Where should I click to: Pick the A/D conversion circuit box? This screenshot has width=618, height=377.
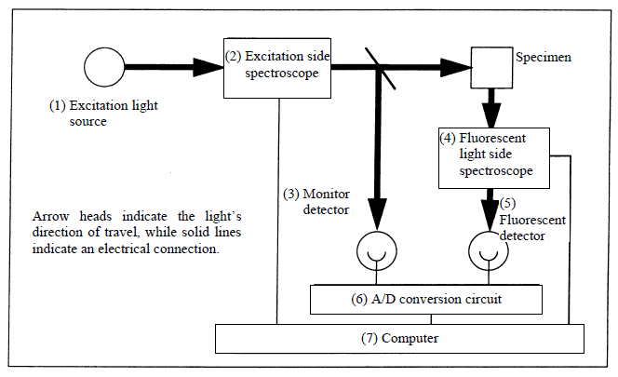point(424,300)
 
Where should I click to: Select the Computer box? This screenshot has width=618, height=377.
point(399,338)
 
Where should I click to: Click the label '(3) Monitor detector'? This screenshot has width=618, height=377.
point(316,202)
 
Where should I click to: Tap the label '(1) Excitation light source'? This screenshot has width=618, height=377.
point(103,113)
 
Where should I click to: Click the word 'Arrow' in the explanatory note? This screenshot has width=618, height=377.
point(48,216)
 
